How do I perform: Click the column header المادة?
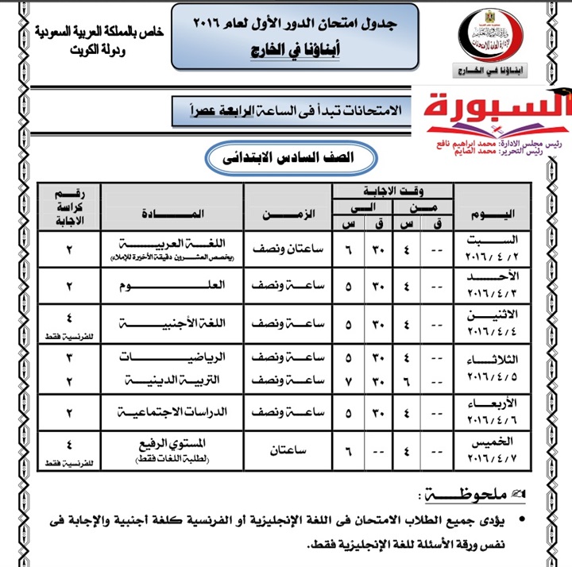click(172, 213)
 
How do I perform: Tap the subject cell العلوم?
click(172, 286)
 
